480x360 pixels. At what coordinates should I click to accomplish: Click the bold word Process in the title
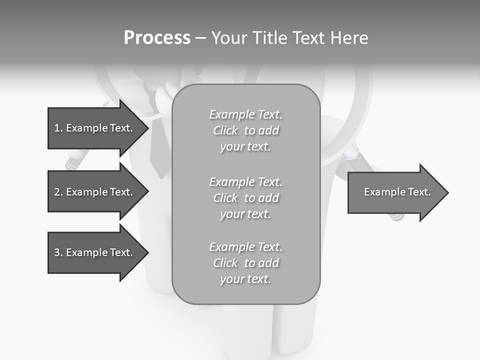click(x=157, y=38)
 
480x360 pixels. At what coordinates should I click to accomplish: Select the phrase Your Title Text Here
click(x=289, y=38)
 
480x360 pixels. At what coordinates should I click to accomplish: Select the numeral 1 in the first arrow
click(x=56, y=128)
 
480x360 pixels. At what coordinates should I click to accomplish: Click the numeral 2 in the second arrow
click(x=57, y=192)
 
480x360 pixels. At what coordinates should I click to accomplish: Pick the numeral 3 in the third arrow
click(x=57, y=252)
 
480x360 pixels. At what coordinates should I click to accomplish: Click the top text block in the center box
click(x=245, y=130)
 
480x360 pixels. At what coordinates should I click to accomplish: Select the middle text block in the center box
click(x=245, y=198)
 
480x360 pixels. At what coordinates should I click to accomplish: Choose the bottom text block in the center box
click(x=245, y=263)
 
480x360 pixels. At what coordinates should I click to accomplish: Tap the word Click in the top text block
click(x=225, y=130)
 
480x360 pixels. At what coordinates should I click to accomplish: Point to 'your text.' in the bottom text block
click(x=245, y=279)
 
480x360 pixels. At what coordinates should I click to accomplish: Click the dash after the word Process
click(x=200, y=38)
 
